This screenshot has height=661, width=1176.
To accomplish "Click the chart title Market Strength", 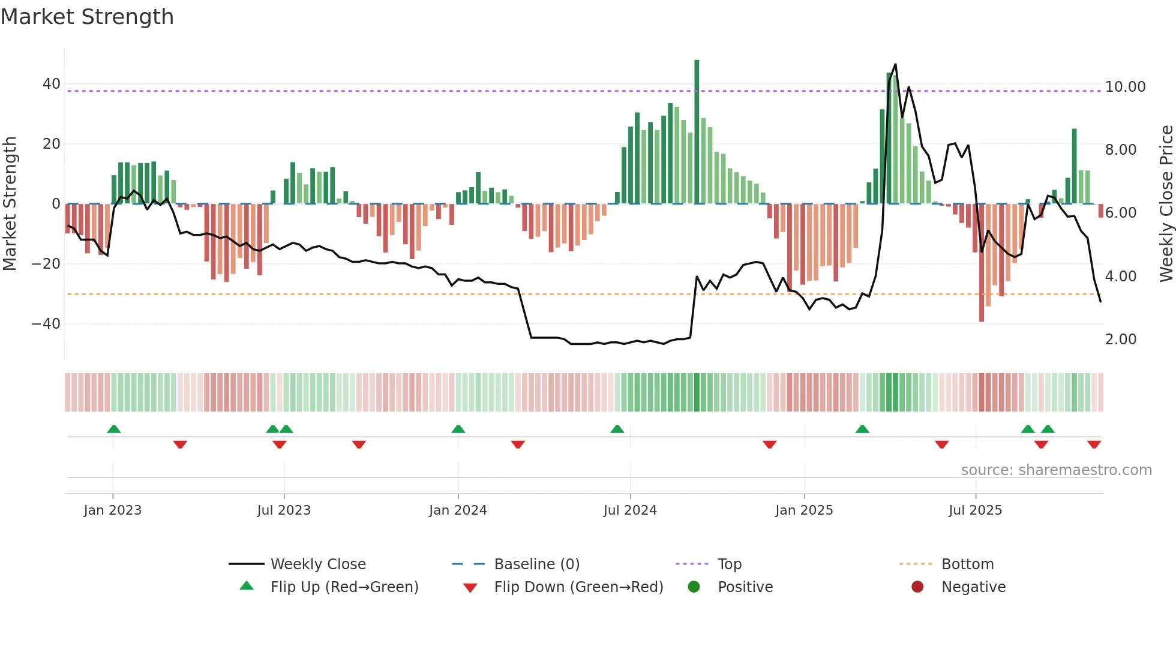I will click(x=87, y=17).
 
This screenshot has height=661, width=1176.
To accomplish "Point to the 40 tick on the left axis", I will click(x=52, y=84).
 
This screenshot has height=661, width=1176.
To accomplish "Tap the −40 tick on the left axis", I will click(x=46, y=324).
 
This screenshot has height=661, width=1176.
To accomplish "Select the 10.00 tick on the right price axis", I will click(x=1125, y=87).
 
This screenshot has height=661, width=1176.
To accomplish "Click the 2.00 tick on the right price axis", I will click(x=1120, y=339).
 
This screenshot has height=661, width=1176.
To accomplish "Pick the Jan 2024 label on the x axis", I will click(x=458, y=510).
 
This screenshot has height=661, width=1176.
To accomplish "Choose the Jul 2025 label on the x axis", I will click(x=975, y=510).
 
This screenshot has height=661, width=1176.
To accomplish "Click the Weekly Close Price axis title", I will click(x=1166, y=204).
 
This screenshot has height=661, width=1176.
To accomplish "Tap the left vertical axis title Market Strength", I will click(x=10, y=204).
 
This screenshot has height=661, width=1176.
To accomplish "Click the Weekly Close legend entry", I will click(x=317, y=564).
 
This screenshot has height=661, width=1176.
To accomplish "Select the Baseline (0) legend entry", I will click(x=536, y=564).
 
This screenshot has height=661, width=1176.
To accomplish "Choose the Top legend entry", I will click(x=729, y=564).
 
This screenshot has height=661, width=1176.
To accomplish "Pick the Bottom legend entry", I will click(x=967, y=564).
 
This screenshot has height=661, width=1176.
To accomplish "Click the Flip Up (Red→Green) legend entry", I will click(x=344, y=587).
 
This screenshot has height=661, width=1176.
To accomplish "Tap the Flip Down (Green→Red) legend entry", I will click(x=578, y=587).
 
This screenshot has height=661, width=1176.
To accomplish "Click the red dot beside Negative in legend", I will click(x=917, y=587).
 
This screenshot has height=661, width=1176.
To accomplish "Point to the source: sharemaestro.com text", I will click(x=1056, y=470).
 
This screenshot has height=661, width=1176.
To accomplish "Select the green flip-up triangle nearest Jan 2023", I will click(x=114, y=429).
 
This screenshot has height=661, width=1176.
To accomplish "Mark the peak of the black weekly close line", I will click(x=895, y=65).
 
